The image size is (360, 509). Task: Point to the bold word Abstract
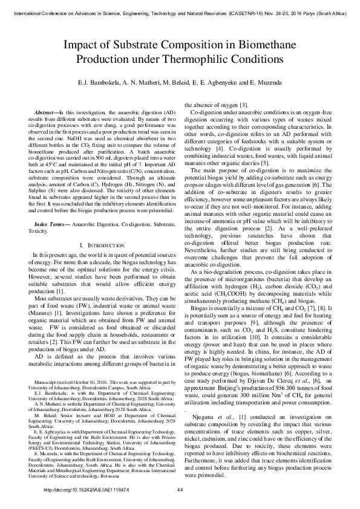47,114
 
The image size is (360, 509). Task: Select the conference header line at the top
180,10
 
